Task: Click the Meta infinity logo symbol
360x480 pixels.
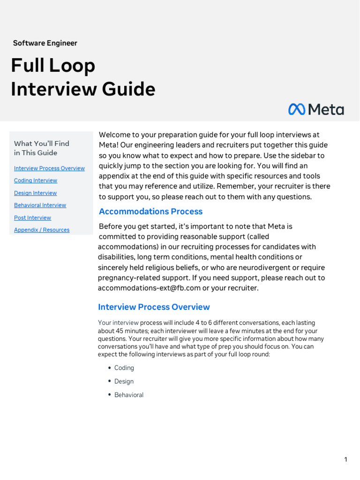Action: (x=297, y=109)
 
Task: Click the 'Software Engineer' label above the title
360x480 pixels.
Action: (x=45, y=43)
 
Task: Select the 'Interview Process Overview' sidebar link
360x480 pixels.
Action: (x=49, y=168)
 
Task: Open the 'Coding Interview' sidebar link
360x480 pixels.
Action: (x=36, y=180)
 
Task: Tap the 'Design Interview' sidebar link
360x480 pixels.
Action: (x=35, y=193)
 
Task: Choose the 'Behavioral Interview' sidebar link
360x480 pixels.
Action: (x=40, y=205)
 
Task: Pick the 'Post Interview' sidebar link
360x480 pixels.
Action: (x=32, y=217)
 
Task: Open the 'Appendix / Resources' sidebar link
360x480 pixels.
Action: (x=42, y=230)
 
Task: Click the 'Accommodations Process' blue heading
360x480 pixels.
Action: (x=150, y=211)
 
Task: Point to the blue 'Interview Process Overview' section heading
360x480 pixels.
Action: (x=154, y=307)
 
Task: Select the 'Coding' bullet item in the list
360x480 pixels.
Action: (x=124, y=368)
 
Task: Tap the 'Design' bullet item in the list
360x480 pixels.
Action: (x=124, y=382)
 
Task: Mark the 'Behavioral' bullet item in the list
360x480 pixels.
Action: (x=129, y=395)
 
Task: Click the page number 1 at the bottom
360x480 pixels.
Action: (x=345, y=459)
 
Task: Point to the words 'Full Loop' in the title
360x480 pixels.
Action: (x=53, y=65)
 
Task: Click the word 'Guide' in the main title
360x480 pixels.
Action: (x=131, y=89)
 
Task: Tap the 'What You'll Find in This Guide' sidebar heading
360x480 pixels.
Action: (x=42, y=148)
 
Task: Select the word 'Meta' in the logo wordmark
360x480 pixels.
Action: (x=326, y=110)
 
